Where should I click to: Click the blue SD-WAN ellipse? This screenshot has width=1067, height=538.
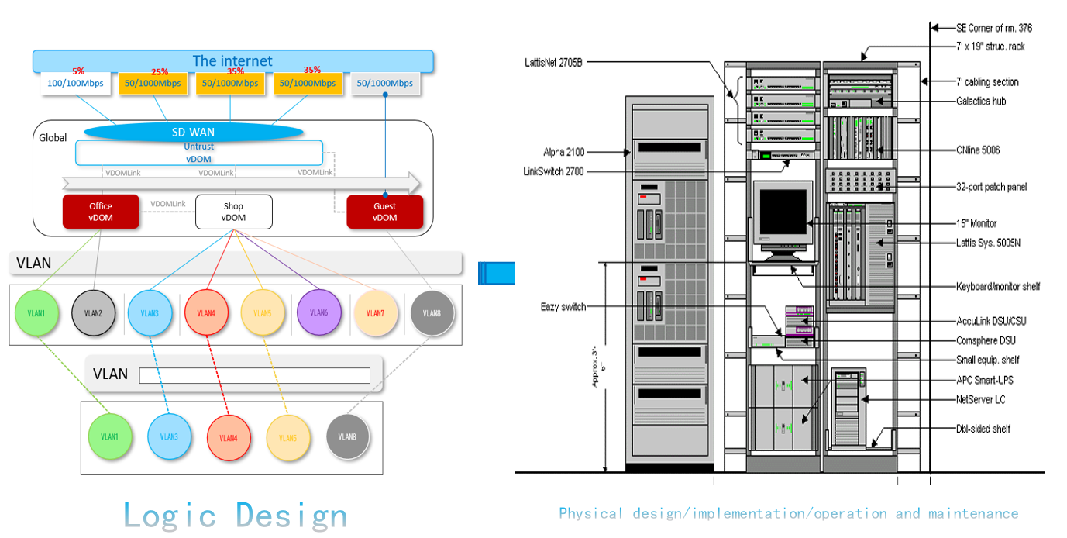coord(193,132)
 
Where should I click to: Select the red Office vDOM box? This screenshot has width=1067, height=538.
coord(101,212)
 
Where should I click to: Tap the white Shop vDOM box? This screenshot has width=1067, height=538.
coord(233,212)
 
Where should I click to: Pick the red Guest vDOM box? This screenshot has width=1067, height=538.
coord(384,212)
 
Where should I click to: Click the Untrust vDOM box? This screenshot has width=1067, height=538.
coord(199,152)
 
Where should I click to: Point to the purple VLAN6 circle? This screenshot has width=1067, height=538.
coord(318,312)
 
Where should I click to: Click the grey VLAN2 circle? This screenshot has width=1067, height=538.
coord(93,313)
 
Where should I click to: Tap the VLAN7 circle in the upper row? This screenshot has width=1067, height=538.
coord(375,313)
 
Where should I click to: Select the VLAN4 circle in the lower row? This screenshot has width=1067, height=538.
coord(228,437)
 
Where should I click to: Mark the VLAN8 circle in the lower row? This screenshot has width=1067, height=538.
coord(348,436)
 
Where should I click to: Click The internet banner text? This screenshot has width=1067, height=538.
coord(232,60)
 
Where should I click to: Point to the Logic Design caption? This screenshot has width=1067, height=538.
coord(235,515)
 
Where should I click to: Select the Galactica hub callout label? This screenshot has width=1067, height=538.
coord(981,102)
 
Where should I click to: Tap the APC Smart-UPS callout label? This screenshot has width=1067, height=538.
coord(984,380)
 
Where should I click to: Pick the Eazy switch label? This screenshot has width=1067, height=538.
coord(563,307)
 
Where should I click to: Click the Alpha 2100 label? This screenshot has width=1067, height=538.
coord(563,152)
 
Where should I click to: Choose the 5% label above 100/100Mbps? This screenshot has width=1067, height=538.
coord(78,71)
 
